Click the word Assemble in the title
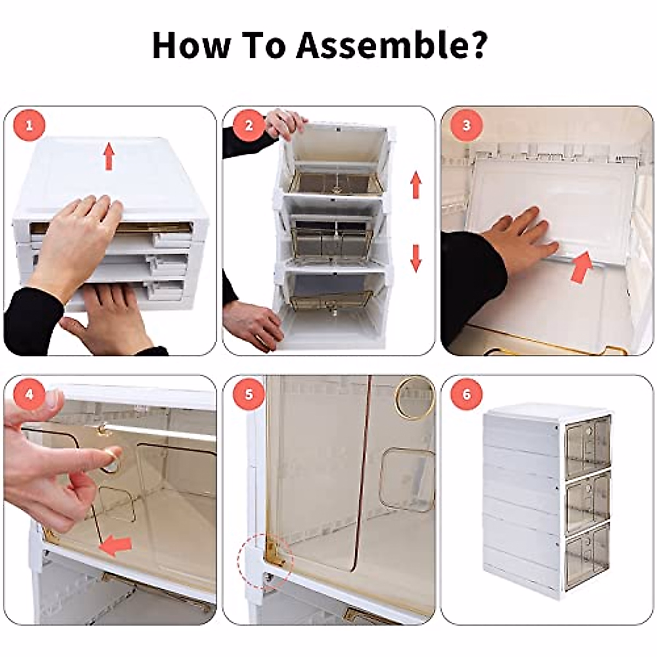[x=391, y=45]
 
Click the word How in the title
[x=191, y=45]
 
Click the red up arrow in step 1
[x=109, y=155]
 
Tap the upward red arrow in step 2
[x=416, y=185]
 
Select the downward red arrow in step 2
[x=416, y=258]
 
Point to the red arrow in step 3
[x=582, y=267]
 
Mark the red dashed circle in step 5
[x=266, y=561]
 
